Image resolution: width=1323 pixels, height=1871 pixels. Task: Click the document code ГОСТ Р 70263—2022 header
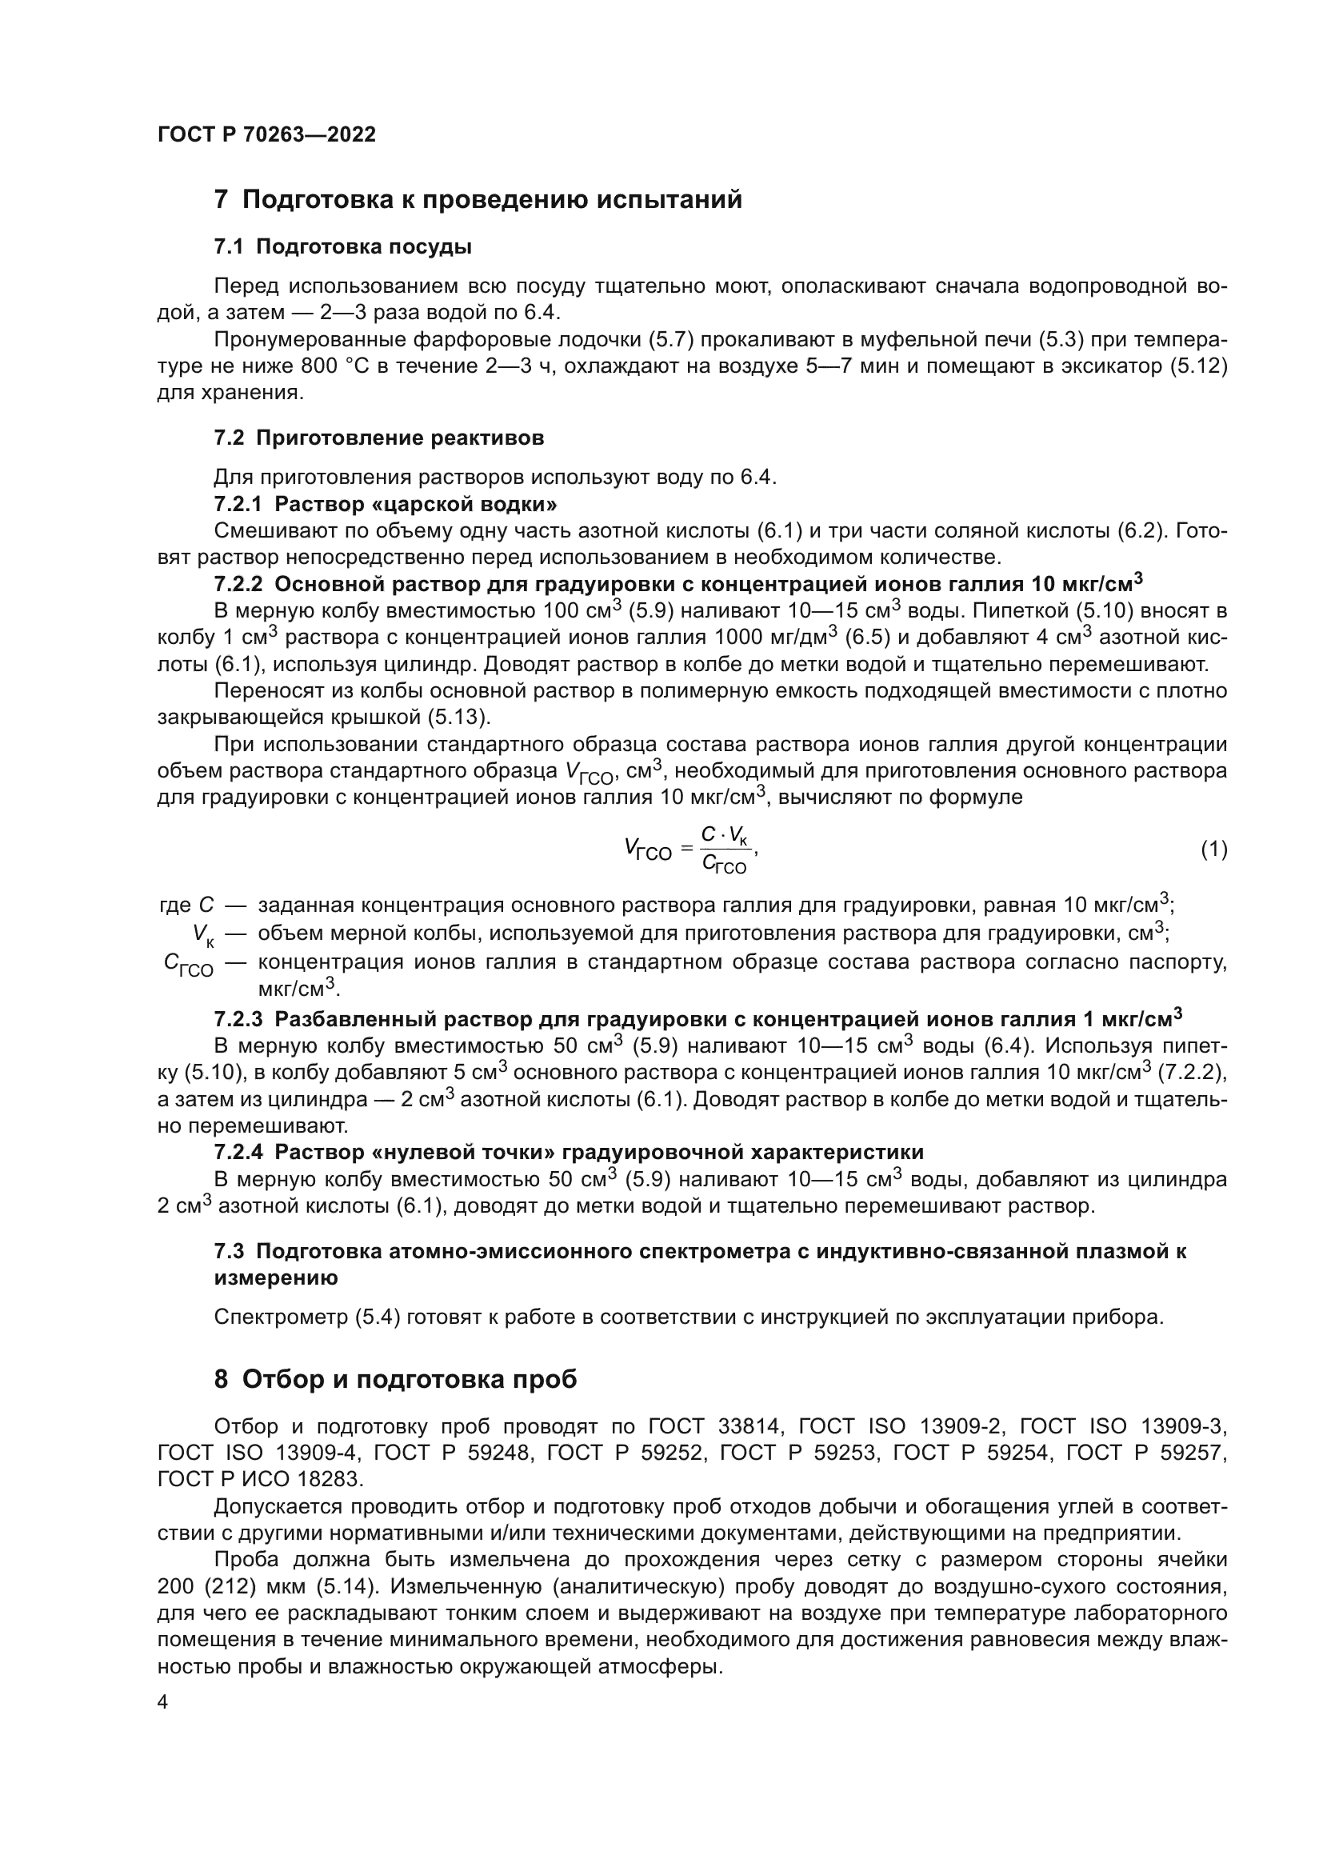(x=266, y=135)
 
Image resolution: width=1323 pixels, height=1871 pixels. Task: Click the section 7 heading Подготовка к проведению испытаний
(x=478, y=200)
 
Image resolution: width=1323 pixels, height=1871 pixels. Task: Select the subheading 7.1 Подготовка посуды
(x=343, y=247)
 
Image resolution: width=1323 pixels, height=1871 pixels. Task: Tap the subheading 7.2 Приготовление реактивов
(x=379, y=438)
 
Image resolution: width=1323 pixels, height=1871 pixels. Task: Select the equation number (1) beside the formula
(x=1213, y=850)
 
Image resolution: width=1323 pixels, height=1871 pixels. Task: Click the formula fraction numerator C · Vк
(x=722, y=835)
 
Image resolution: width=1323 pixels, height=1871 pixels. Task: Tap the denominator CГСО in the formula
(x=723, y=865)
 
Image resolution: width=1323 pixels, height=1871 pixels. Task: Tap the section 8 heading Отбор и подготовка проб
(x=395, y=1380)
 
